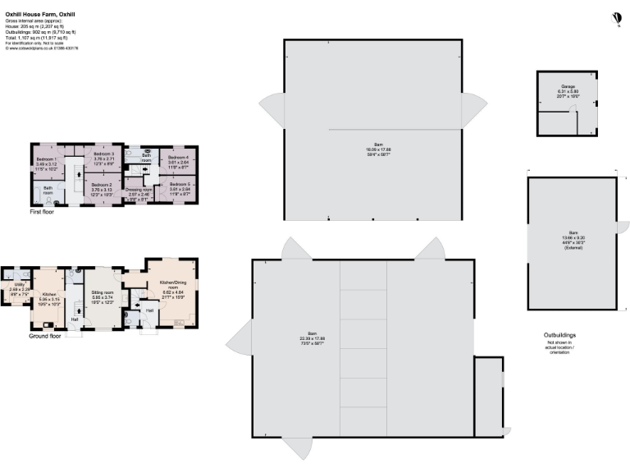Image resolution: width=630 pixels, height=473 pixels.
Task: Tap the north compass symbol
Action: coord(617,17)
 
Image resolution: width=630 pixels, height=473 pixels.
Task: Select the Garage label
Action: coord(568,86)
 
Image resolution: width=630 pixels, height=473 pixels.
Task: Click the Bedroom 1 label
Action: coord(46,158)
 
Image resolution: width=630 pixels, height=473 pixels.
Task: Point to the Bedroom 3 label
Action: coord(103,154)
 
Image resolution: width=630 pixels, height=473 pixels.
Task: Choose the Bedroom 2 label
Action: coord(103,185)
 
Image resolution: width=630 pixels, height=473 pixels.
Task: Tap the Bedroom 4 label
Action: coord(178,157)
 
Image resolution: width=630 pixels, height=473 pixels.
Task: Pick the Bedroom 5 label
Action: coord(179,184)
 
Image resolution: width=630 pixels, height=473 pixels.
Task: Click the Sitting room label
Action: coord(103,292)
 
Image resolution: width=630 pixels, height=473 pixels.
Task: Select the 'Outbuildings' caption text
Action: coord(560,335)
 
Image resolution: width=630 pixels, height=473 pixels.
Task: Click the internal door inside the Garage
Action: coord(578,125)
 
